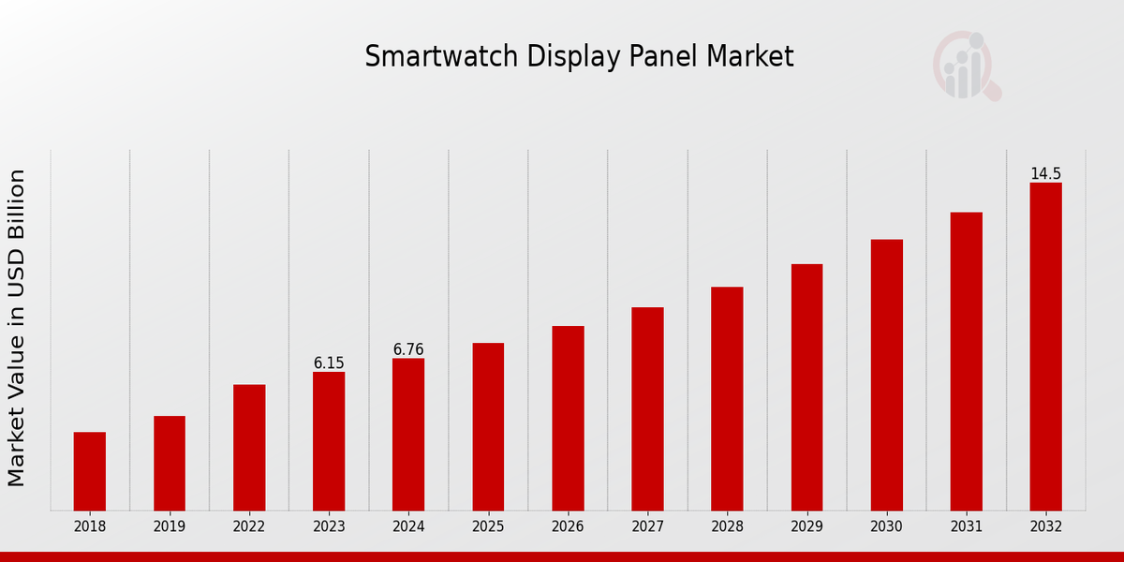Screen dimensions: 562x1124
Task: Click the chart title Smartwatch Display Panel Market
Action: click(579, 57)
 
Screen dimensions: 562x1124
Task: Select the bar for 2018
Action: click(90, 471)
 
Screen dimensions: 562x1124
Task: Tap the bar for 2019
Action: click(170, 463)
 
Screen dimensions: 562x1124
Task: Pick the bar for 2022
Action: click(249, 447)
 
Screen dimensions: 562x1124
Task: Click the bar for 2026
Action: click(568, 418)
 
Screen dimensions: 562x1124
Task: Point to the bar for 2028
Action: click(727, 398)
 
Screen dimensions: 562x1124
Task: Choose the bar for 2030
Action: click(886, 375)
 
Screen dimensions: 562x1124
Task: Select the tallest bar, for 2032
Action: click(1045, 347)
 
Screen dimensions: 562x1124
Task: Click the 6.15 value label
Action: click(329, 362)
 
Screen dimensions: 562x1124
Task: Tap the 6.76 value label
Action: click(408, 349)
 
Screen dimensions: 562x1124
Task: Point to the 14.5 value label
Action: click(1045, 173)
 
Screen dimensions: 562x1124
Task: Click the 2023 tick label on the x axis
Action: click(329, 526)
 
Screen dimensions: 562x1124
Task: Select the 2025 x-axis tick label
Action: click(488, 526)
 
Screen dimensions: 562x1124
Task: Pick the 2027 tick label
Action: click(647, 526)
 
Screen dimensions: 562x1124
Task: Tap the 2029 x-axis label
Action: click(806, 526)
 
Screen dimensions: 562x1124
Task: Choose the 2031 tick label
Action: click(966, 526)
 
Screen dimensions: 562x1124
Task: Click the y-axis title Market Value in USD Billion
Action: click(17, 328)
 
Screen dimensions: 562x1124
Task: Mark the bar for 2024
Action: click(408, 434)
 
